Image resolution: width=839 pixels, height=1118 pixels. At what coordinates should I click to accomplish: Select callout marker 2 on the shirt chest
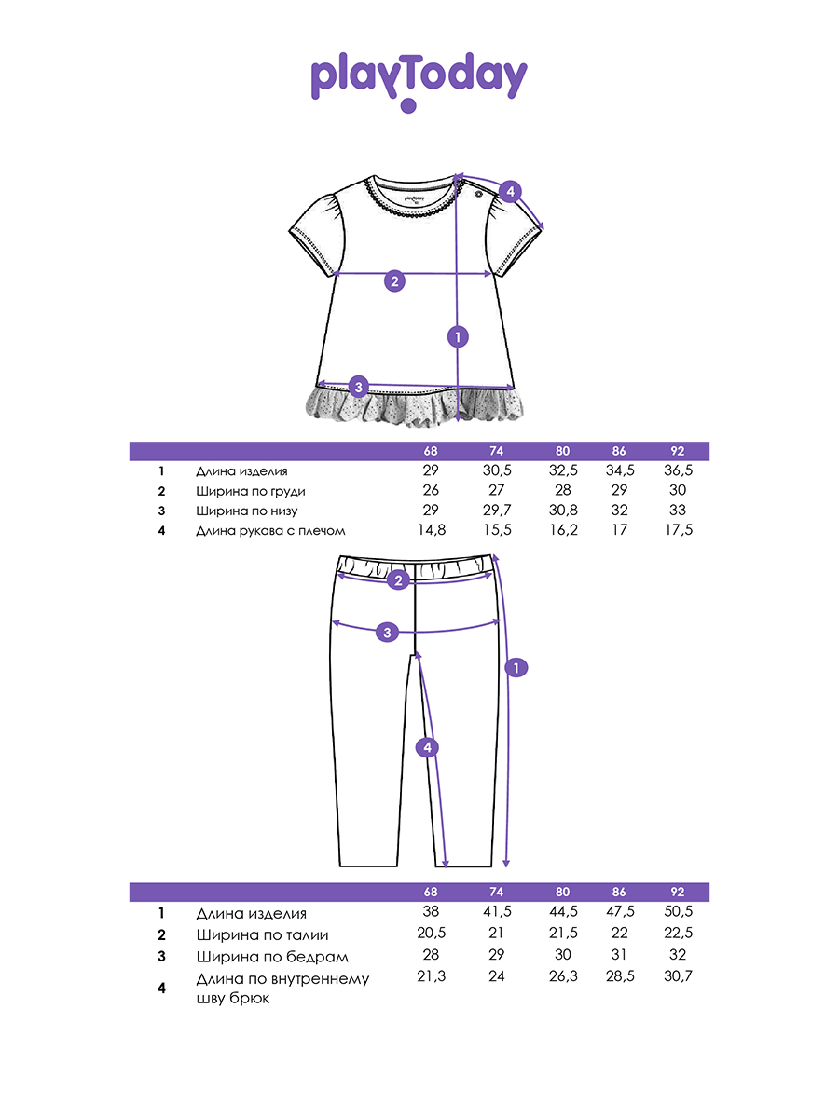pyautogui.click(x=394, y=280)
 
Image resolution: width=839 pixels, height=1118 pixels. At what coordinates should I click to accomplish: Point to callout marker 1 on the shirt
pyautogui.click(x=457, y=336)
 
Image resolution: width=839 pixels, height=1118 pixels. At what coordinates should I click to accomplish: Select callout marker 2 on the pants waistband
pyautogui.click(x=398, y=580)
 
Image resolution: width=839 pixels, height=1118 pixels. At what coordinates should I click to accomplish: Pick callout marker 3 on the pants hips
pyautogui.click(x=389, y=633)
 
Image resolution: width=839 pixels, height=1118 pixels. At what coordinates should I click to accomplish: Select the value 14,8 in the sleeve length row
pyautogui.click(x=430, y=530)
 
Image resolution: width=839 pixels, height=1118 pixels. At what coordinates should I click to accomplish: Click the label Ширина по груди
pyautogui.click(x=251, y=491)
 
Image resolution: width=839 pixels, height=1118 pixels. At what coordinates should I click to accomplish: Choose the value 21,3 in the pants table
pyautogui.click(x=430, y=976)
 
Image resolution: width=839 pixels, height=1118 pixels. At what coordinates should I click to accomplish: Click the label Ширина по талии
pyautogui.click(x=262, y=934)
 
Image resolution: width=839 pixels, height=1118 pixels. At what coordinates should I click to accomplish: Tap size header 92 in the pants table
pyautogui.click(x=677, y=892)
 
